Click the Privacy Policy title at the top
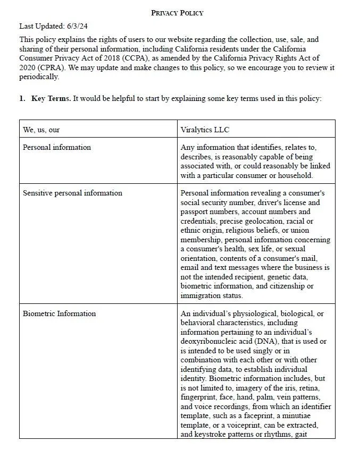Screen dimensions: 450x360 click(x=177, y=13)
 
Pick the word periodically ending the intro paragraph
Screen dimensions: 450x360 click(x=39, y=77)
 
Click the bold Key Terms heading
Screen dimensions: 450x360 click(x=51, y=99)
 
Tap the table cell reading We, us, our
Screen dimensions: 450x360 click(x=41, y=130)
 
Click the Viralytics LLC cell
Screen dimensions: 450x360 click(x=205, y=130)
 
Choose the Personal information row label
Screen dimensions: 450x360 click(x=57, y=147)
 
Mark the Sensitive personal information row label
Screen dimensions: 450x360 click(x=72, y=193)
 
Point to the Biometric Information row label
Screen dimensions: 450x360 click(x=59, y=313)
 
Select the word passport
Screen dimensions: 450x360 click(x=196, y=212)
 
